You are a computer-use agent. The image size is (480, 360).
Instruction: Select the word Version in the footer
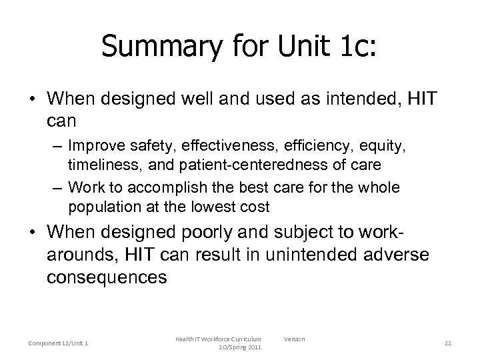click(x=294, y=339)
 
